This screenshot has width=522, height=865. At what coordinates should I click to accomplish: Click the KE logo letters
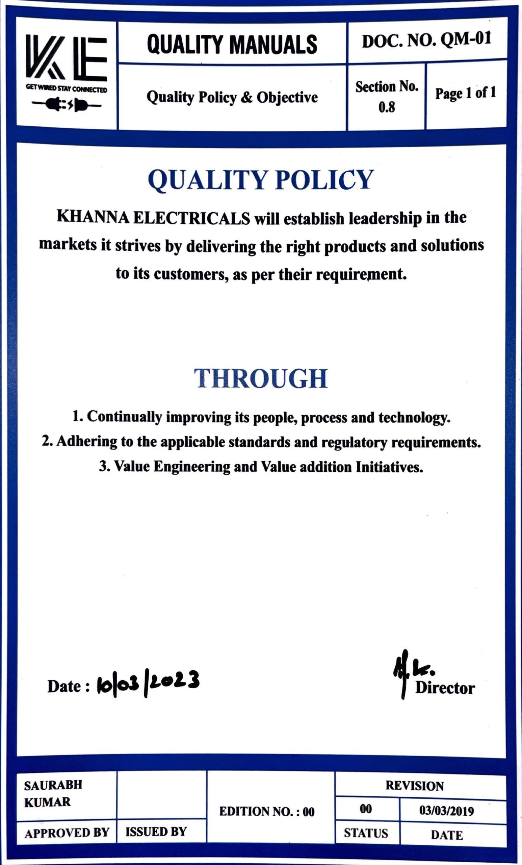[66, 57]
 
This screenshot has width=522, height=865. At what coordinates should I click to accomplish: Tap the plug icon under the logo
[66, 104]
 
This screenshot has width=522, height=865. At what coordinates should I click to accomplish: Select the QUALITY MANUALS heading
[232, 45]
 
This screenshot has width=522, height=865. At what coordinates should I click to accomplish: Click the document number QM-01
[466, 40]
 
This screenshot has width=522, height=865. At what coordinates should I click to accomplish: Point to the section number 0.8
[387, 107]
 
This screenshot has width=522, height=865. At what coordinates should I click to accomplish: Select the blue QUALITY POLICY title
[261, 180]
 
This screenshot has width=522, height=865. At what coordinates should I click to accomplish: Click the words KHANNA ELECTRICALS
[153, 217]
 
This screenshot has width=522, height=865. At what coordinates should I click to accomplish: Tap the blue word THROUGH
[261, 378]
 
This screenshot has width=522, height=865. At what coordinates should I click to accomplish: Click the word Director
[445, 688]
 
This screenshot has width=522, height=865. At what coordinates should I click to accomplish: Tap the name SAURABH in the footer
[53, 785]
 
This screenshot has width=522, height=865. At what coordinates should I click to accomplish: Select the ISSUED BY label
[156, 832]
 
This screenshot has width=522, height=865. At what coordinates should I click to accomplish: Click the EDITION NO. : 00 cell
[267, 812]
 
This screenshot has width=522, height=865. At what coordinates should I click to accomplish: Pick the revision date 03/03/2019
[447, 811]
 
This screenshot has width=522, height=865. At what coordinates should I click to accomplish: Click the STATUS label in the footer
[366, 833]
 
